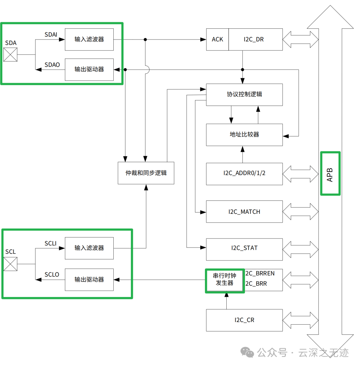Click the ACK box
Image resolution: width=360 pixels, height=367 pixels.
point(217,39)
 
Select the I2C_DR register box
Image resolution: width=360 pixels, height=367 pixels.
point(255,39)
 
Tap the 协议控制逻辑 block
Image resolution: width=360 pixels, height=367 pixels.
point(244,94)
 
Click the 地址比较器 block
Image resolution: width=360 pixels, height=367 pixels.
point(244,135)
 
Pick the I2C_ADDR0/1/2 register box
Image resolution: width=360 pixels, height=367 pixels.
point(244,174)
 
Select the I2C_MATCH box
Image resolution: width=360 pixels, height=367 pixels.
point(244,211)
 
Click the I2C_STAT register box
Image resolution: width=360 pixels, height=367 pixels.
point(244,248)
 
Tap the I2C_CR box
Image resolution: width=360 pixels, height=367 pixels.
point(244,320)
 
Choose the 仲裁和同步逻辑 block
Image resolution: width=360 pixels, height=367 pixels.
point(146,173)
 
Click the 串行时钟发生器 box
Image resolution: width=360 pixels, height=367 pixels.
point(224,280)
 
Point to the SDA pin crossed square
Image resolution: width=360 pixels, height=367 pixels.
point(10,55)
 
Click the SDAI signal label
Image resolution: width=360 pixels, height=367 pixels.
point(51,34)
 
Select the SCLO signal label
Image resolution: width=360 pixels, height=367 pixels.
point(52,274)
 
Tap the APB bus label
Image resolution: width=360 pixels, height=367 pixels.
point(330,174)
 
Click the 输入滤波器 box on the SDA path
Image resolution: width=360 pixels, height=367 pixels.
point(89,39)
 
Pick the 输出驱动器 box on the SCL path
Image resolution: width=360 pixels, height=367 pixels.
point(89,279)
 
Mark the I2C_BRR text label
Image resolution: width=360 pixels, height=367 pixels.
point(256,284)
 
